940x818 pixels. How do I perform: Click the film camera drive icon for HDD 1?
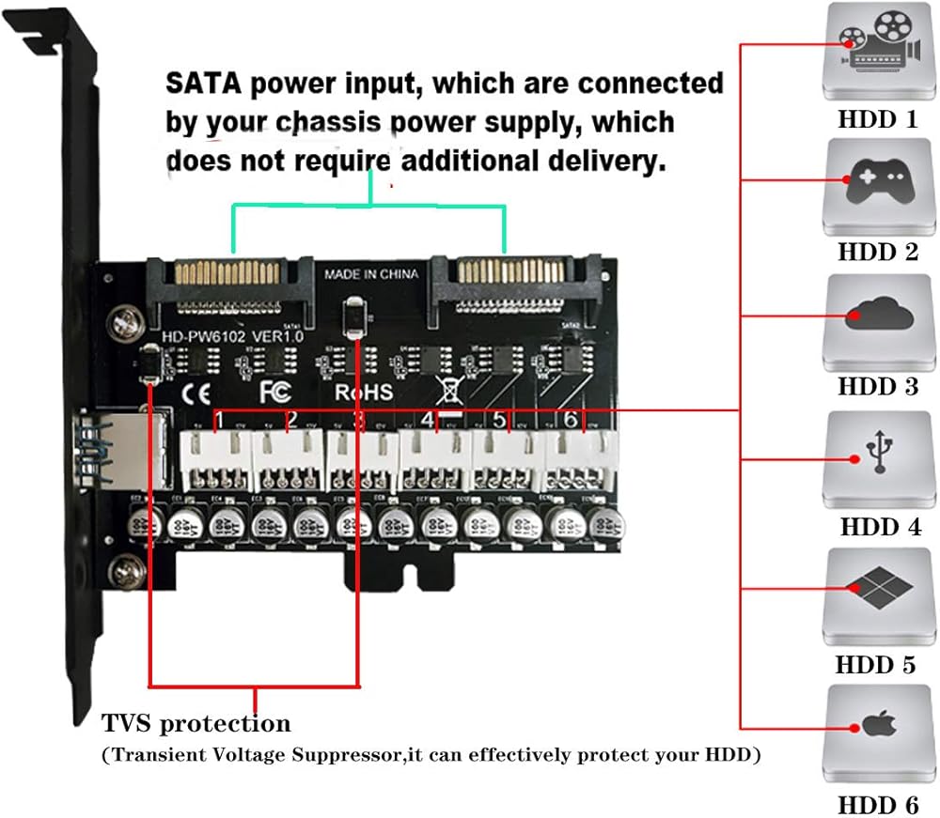[x=875, y=52]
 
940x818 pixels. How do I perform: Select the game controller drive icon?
[x=875, y=186]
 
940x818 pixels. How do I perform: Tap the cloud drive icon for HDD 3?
[x=875, y=320]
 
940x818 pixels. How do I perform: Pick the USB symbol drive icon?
[x=875, y=458]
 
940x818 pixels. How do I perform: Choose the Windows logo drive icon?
[x=875, y=594]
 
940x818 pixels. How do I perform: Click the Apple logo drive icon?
[x=875, y=728]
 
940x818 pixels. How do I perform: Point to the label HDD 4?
[x=880, y=526]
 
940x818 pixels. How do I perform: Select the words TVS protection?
[x=196, y=724]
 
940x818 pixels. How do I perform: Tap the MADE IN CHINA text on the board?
[x=371, y=275]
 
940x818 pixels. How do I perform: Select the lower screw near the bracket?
[x=124, y=571]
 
